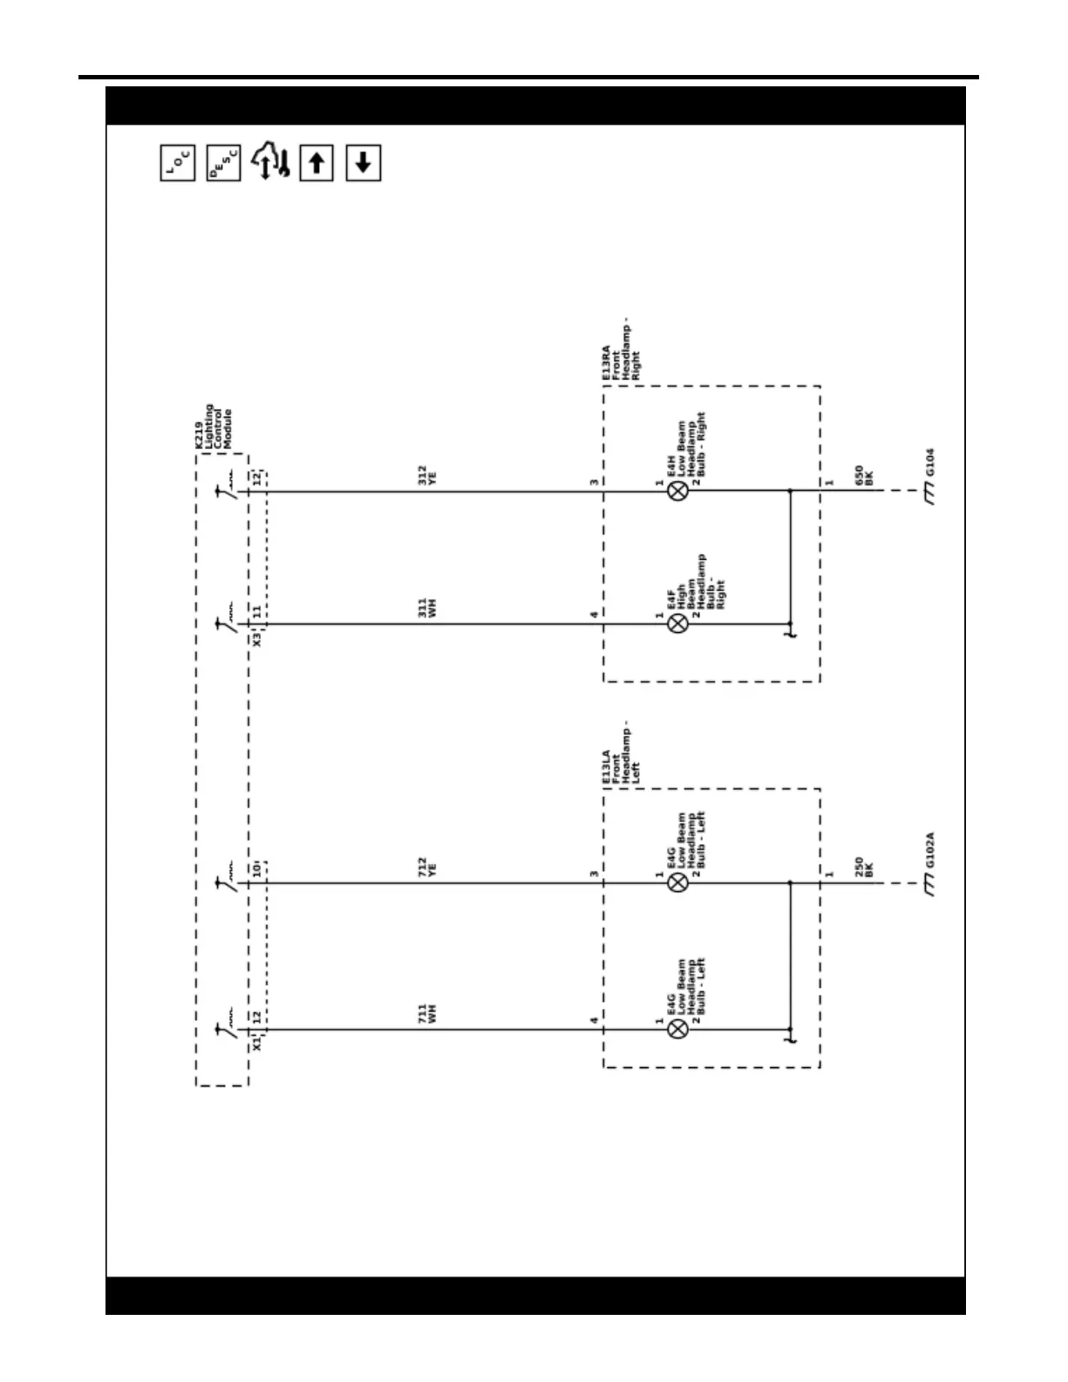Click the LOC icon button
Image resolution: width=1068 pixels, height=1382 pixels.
pyautogui.click(x=178, y=163)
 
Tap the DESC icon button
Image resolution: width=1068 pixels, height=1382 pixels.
pyautogui.click(x=224, y=163)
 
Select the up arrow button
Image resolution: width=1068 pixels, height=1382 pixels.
pyautogui.click(x=316, y=163)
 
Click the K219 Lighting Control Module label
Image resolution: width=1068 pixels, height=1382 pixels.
pyautogui.click(x=214, y=427)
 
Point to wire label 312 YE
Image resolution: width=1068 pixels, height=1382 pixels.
pyautogui.click(x=427, y=475)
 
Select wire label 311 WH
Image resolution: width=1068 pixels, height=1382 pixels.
pyautogui.click(x=427, y=608)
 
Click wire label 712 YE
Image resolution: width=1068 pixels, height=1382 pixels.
pyautogui.click(x=427, y=867)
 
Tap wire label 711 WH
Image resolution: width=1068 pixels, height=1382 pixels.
pyautogui.click(x=427, y=1013)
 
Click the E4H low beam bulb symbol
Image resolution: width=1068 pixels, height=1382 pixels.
pyautogui.click(x=677, y=491)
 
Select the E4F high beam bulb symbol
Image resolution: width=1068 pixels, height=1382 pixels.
pyautogui.click(x=677, y=623)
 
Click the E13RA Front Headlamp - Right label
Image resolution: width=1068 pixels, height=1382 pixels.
pyautogui.click(x=619, y=353)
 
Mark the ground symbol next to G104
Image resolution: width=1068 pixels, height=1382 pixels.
pyautogui.click(x=929, y=495)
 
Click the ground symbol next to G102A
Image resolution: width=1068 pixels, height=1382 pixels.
pyautogui.click(x=929, y=887)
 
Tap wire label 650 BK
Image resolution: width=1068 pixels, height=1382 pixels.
pyautogui.click(x=864, y=476)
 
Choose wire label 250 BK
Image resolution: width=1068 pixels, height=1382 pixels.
pyautogui.click(x=864, y=868)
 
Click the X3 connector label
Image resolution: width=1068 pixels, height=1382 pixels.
pyautogui.click(x=257, y=639)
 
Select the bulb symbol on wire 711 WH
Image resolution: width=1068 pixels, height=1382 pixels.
pyautogui.click(x=677, y=1030)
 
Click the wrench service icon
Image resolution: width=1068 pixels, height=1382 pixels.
pyautogui.click(x=270, y=163)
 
